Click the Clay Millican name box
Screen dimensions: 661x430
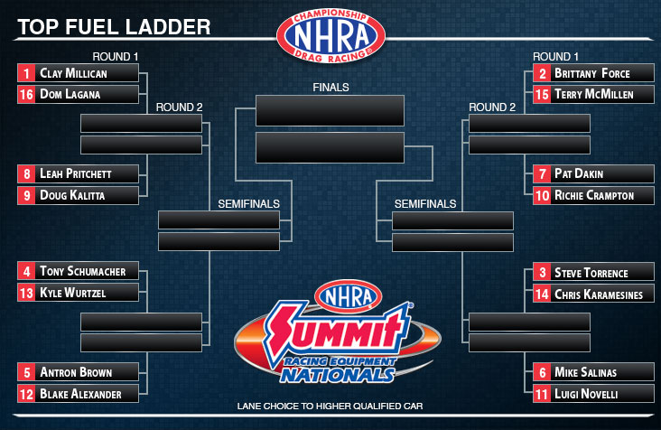78,73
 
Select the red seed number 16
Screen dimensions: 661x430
26,95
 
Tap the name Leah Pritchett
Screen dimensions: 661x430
76,173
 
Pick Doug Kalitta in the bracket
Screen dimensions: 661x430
72,195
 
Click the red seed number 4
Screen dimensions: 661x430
26,271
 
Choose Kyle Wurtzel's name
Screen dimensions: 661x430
72,293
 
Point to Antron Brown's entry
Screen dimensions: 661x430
78,372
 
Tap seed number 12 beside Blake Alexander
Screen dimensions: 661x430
26,394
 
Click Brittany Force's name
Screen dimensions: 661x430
591,73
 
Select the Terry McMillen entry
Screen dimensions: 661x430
593,95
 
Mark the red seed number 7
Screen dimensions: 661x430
542,173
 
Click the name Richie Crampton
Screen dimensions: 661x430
594,195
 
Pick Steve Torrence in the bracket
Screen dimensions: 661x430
591,273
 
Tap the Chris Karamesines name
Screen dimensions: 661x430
599,294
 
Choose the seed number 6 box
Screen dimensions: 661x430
542,372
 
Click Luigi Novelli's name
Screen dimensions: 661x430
586,394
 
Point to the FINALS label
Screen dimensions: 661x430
330,88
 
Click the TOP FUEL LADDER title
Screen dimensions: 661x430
114,27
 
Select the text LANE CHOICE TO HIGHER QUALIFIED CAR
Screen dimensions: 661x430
330,406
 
